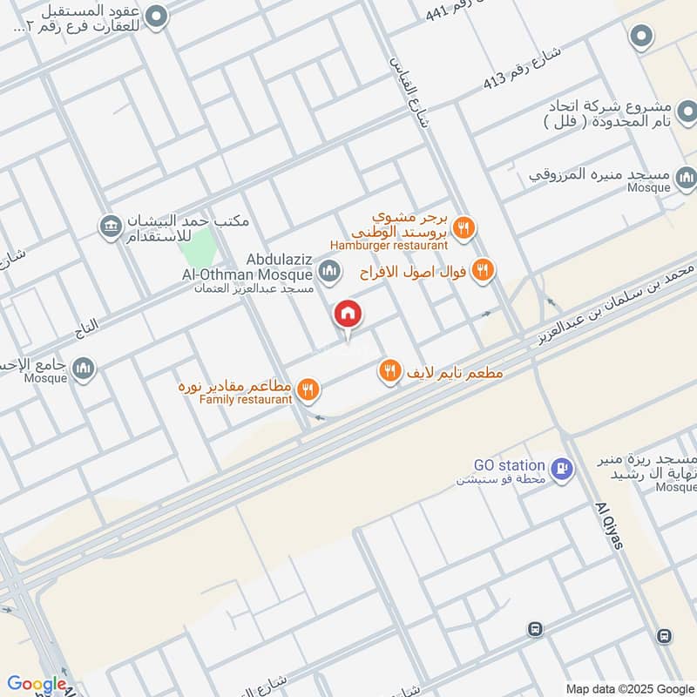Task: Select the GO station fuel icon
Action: pos(563,468)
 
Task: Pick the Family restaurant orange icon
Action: pos(307,389)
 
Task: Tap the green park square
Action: pos(196,247)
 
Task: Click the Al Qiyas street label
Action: pos(610,525)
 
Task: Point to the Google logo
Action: pos(36,685)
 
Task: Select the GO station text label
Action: pos(509,466)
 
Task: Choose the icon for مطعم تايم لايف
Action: pos(389,372)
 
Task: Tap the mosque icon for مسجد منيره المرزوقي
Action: pos(686,179)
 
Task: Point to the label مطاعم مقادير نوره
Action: pos(234,385)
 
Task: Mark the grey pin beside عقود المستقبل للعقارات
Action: pos(156,16)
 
